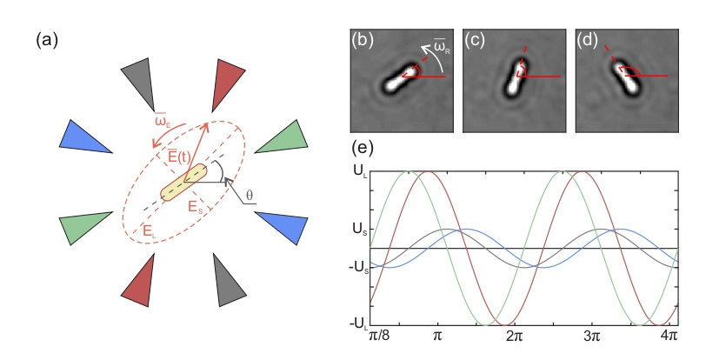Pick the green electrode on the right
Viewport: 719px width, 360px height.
point(285,138)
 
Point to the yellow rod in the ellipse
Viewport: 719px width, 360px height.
point(183,182)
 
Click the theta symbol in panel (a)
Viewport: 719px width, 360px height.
point(249,196)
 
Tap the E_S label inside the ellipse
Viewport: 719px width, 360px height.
point(196,207)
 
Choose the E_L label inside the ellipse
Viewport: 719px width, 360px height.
point(150,230)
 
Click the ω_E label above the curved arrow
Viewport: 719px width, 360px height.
point(163,123)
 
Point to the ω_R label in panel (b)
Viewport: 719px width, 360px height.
point(442,48)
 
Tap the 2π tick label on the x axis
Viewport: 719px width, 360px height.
point(515,336)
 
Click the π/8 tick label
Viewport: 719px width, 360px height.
point(378,336)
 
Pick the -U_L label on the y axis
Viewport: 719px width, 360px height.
point(359,324)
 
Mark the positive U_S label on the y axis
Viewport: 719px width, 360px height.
point(361,230)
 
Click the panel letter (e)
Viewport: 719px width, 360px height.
point(363,148)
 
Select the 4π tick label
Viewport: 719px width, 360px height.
point(669,336)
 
